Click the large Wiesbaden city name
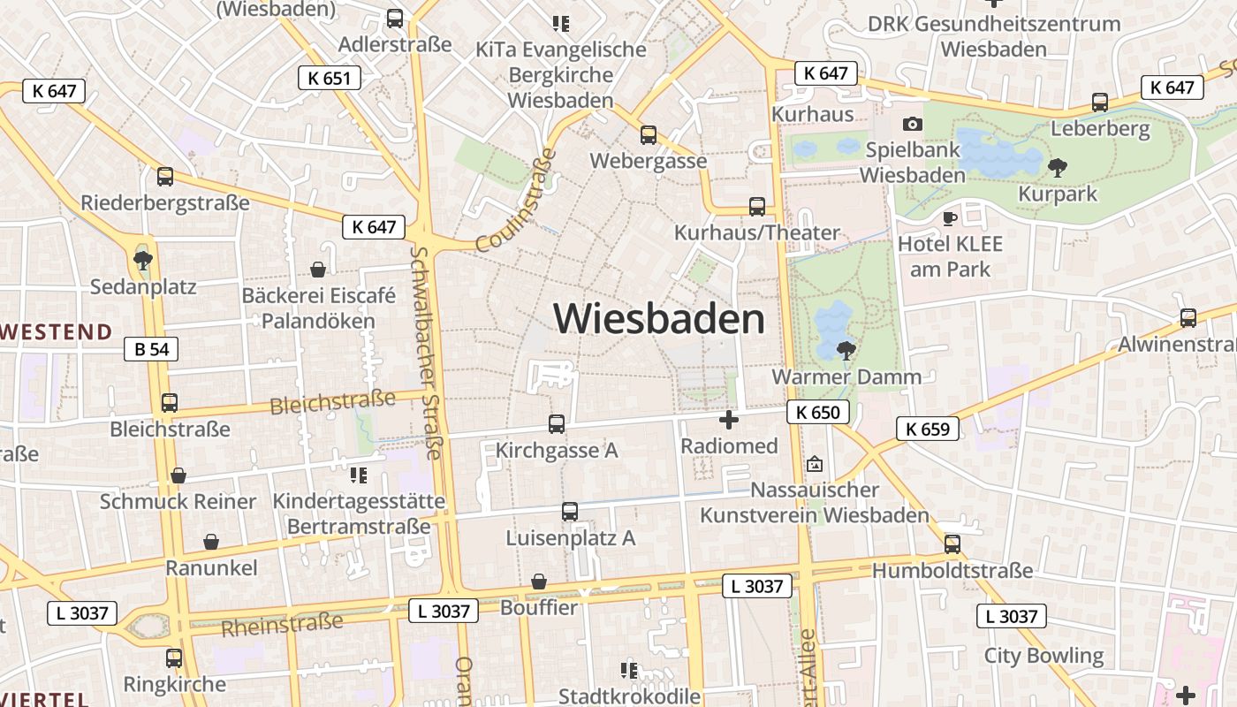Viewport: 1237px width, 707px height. coord(659,318)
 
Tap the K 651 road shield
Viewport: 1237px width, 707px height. coord(330,78)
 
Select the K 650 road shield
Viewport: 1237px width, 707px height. coord(817,412)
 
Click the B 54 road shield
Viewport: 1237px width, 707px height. coord(151,349)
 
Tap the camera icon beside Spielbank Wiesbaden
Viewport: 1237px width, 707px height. coord(913,125)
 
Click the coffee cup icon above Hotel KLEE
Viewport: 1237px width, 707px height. coord(950,217)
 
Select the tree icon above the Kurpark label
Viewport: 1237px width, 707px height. coord(1057,167)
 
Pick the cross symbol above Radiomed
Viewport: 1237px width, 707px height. coord(729,420)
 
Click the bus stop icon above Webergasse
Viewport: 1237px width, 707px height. coord(649,135)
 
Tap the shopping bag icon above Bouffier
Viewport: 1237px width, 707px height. coord(539,582)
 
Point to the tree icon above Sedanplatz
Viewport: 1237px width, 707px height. coord(142,261)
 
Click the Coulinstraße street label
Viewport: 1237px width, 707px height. coord(518,201)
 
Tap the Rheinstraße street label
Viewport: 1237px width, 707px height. coord(282,625)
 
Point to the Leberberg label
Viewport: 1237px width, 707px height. coord(1100,129)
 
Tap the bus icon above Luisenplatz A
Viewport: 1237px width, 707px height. coord(570,512)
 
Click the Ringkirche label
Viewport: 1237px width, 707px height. coord(174,684)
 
